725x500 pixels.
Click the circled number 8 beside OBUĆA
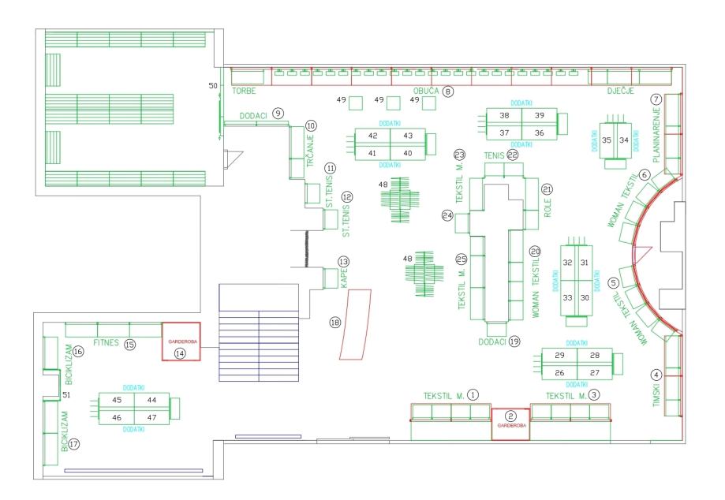(448, 91)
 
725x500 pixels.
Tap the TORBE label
(246, 91)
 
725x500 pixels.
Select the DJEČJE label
(622, 91)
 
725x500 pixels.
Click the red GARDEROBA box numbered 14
(181, 341)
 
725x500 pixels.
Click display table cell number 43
(408, 136)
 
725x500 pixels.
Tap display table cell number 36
(540, 132)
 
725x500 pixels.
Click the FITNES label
(107, 344)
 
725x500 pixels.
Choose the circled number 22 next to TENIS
(512, 155)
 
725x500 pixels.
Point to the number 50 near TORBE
(211, 85)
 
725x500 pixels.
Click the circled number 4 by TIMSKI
(656, 375)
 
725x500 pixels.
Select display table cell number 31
(585, 263)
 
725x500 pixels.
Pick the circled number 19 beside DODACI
(514, 341)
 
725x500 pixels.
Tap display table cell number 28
(595, 356)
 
